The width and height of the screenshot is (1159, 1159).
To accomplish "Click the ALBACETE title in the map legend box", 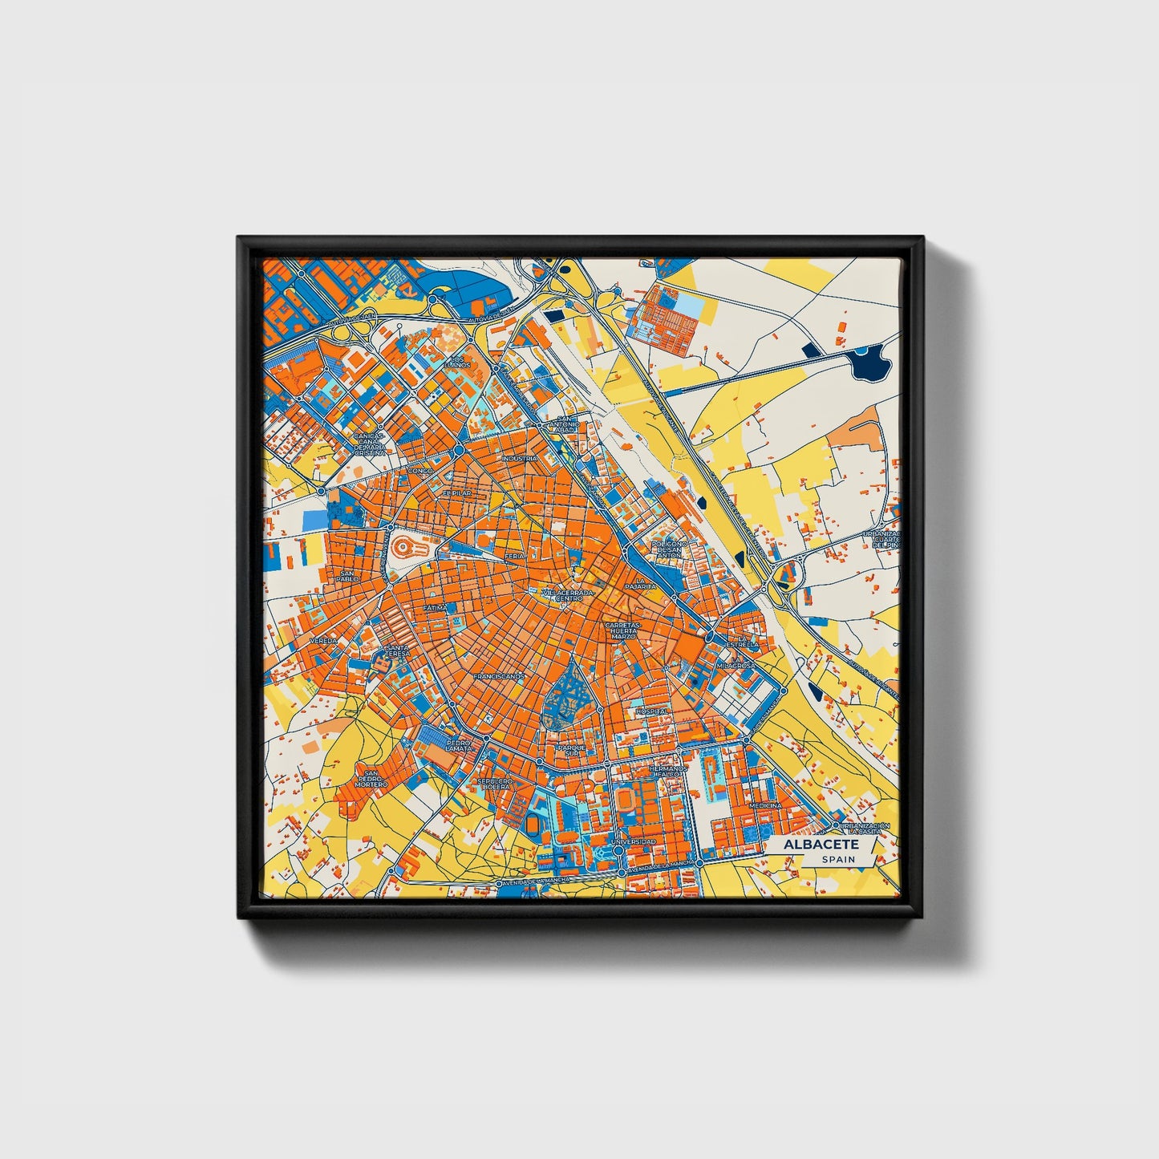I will (821, 845).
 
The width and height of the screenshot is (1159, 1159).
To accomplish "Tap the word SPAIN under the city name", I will (837, 860).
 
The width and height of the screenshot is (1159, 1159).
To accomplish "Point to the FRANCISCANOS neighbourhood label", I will (498, 676).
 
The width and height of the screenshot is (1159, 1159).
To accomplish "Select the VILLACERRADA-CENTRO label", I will (569, 595).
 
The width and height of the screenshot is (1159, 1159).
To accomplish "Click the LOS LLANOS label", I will (458, 362).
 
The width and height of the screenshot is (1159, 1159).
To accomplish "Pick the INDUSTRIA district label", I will (519, 458).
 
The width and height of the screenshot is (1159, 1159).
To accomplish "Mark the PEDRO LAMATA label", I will (459, 746).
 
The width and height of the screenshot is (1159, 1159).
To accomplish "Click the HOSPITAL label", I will (651, 711).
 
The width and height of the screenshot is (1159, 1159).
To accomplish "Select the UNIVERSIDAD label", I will (633, 841).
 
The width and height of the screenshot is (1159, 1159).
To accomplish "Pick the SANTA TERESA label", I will (397, 651).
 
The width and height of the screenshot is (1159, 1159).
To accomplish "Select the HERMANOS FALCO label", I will (669, 771).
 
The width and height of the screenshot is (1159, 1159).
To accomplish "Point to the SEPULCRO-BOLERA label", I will (494, 783).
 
